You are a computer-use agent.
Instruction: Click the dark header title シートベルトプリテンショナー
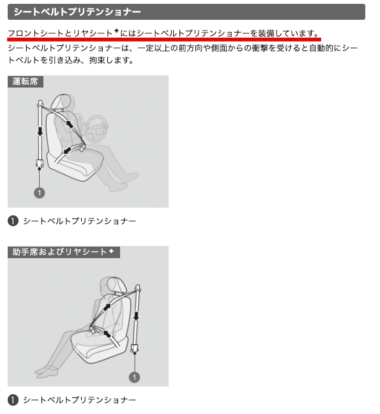[x=77, y=12]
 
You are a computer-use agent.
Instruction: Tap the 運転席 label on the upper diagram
[x=26, y=81]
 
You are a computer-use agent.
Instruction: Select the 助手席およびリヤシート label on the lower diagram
[x=59, y=252]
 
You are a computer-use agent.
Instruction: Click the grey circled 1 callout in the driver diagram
[x=40, y=193]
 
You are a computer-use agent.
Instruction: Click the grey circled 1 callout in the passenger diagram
[x=134, y=377]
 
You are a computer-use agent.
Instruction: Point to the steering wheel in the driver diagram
[x=97, y=128]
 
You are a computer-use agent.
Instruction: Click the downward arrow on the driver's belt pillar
[x=40, y=131]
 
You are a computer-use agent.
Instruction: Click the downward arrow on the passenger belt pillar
[x=136, y=316]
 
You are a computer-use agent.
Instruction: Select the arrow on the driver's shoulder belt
[x=70, y=124]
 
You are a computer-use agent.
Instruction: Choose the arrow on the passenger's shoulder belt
[x=107, y=307]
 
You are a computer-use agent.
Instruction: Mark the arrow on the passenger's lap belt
[x=107, y=333]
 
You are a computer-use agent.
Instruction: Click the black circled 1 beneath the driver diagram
[x=13, y=220]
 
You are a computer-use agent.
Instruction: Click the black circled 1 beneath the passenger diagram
[x=13, y=400]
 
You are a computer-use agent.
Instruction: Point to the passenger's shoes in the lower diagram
[x=46, y=371]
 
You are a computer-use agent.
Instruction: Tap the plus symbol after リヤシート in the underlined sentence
[x=116, y=31]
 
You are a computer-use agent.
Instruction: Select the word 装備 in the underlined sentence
[x=266, y=33]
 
